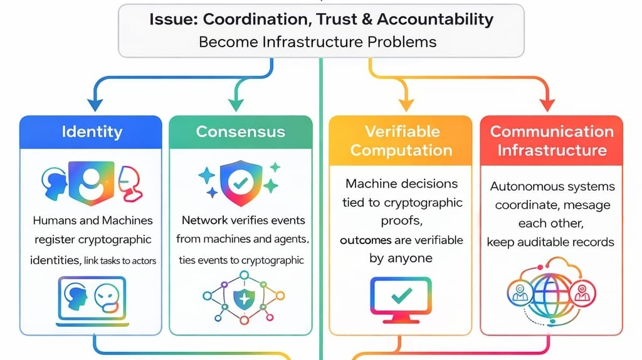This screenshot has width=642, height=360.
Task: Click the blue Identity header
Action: pyautogui.click(x=92, y=132)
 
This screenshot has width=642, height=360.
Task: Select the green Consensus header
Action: pyautogui.click(x=240, y=132)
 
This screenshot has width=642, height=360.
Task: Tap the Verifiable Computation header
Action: pyautogui.click(x=401, y=140)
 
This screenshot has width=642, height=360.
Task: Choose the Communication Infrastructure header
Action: pyautogui.click(x=551, y=140)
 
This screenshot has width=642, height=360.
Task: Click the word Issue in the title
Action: pyautogui.click(x=168, y=19)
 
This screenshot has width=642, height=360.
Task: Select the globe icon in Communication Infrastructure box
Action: pyautogui.click(x=551, y=292)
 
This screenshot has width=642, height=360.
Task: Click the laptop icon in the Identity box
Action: pyautogui.click(x=92, y=300)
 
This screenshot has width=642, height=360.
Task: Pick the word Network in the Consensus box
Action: pyautogui.click(x=203, y=220)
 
